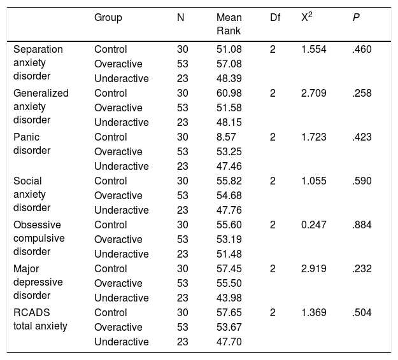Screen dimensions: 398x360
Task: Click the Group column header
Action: pos(108,18)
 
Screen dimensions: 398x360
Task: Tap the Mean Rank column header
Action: pos(229,24)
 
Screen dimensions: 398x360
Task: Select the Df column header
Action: pos(275,18)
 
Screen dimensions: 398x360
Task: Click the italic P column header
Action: pos(356,18)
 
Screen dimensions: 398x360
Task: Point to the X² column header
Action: pos(307,17)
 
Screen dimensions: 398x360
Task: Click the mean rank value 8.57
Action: pos(226,137)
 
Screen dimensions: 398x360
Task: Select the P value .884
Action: pos(362,225)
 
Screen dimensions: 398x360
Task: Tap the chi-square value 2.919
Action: pos(314,269)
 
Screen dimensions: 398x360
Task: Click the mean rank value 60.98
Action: pos(229,93)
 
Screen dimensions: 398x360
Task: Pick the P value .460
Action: pos(362,50)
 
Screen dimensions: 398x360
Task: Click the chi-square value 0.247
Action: pos(314,225)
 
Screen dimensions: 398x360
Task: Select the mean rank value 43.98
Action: pos(229,298)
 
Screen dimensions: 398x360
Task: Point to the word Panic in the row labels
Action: pos(26,137)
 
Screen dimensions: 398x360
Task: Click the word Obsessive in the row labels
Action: pos(37,225)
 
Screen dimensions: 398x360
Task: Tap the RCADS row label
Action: pos(32,312)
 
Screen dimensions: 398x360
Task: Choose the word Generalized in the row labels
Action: pos(41,93)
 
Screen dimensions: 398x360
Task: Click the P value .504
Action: pos(362,312)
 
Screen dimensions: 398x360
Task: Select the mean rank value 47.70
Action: pos(229,342)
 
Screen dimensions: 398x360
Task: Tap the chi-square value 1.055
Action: pos(314,181)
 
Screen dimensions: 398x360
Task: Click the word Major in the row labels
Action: pos(26,269)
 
